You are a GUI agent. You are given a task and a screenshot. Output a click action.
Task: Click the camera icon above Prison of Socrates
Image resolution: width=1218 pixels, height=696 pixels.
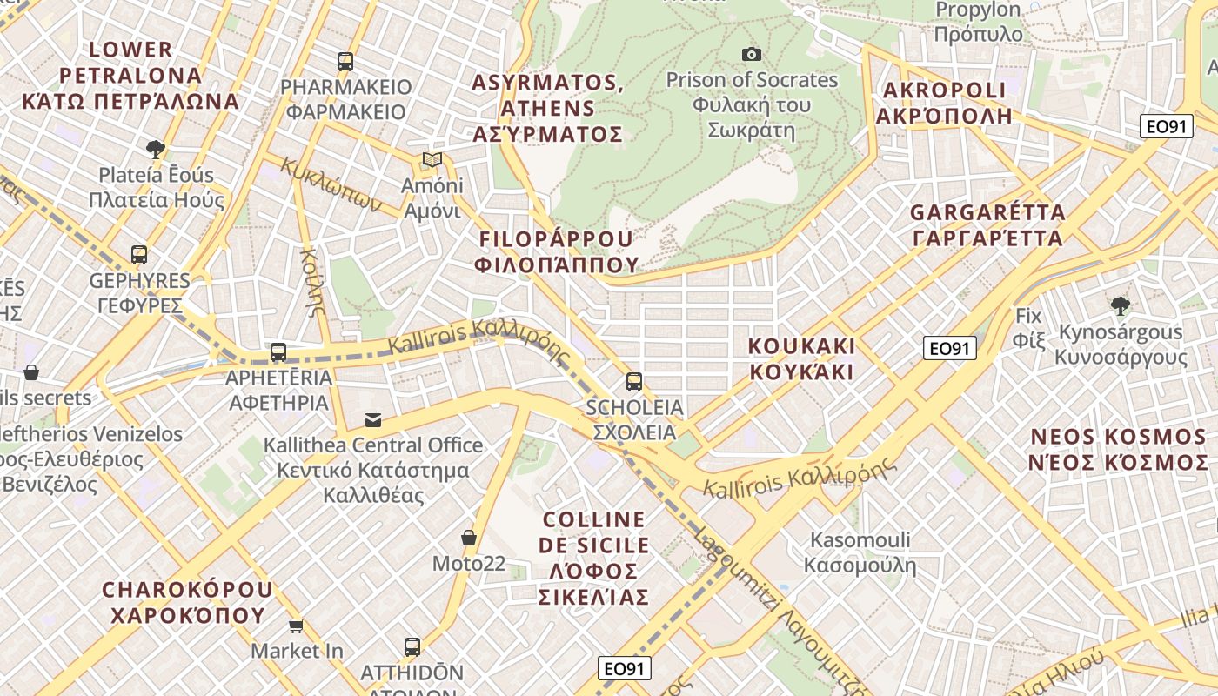pyautogui.click(x=752, y=55)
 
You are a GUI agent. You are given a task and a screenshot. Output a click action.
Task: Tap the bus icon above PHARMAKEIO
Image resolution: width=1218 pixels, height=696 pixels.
pyautogui.click(x=345, y=62)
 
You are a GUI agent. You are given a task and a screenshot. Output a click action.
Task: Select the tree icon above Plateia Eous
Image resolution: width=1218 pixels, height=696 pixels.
pyautogui.click(x=156, y=149)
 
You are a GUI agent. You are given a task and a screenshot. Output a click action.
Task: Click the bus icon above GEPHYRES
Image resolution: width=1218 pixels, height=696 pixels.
pyautogui.click(x=139, y=255)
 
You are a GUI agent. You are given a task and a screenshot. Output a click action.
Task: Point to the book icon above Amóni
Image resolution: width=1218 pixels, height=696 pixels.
pyautogui.click(x=432, y=160)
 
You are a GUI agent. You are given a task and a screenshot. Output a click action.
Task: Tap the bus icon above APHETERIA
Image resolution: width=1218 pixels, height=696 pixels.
pyautogui.click(x=278, y=352)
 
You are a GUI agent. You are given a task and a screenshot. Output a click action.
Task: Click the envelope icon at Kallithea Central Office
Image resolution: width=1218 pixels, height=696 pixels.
pyautogui.click(x=373, y=420)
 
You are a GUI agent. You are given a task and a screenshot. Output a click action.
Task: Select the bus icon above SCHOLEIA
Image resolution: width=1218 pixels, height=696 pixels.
pyautogui.click(x=634, y=381)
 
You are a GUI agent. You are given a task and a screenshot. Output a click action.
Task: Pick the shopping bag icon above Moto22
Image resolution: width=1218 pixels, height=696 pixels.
pyautogui.click(x=469, y=538)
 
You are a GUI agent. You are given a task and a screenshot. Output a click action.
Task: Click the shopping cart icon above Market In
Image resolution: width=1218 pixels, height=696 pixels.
pyautogui.click(x=297, y=626)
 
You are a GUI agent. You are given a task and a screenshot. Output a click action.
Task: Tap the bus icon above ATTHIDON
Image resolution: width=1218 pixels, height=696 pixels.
pyautogui.click(x=412, y=647)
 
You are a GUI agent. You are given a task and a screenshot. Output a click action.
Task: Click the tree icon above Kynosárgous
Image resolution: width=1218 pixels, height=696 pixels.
pyautogui.click(x=1121, y=305)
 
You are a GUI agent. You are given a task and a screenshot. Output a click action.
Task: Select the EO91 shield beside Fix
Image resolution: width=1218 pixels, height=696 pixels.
pyautogui.click(x=949, y=349)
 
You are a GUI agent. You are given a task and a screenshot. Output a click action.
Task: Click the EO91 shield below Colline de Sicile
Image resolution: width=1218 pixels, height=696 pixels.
pyautogui.click(x=625, y=668)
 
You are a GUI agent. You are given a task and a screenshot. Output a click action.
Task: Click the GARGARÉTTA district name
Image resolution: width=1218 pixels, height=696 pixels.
pyautogui.click(x=987, y=225)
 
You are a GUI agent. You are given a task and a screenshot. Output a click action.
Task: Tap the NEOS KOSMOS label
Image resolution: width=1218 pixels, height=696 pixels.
pyautogui.click(x=1119, y=449)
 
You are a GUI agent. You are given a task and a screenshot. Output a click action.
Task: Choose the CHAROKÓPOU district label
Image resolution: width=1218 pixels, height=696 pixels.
pyautogui.click(x=187, y=602)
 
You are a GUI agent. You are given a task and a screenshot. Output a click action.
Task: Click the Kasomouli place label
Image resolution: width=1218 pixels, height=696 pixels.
pyautogui.click(x=860, y=552)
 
